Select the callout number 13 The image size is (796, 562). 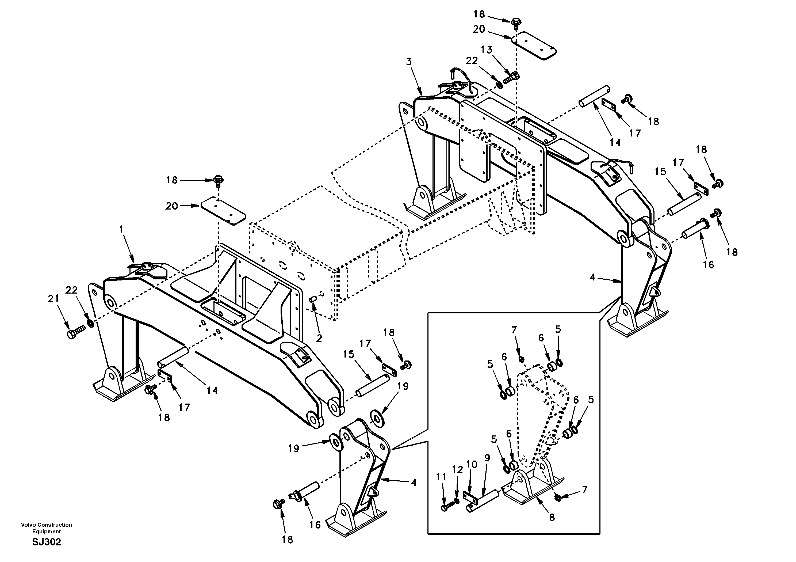click(487, 50)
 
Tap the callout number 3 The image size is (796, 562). click(409, 62)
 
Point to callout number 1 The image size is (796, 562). click(121, 229)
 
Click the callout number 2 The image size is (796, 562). click(319, 338)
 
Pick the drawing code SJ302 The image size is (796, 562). click(47, 542)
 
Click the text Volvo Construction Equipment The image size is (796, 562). click(47, 528)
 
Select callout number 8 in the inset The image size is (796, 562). click(552, 517)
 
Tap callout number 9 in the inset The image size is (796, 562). click(487, 458)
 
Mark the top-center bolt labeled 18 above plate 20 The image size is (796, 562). click(515, 21)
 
